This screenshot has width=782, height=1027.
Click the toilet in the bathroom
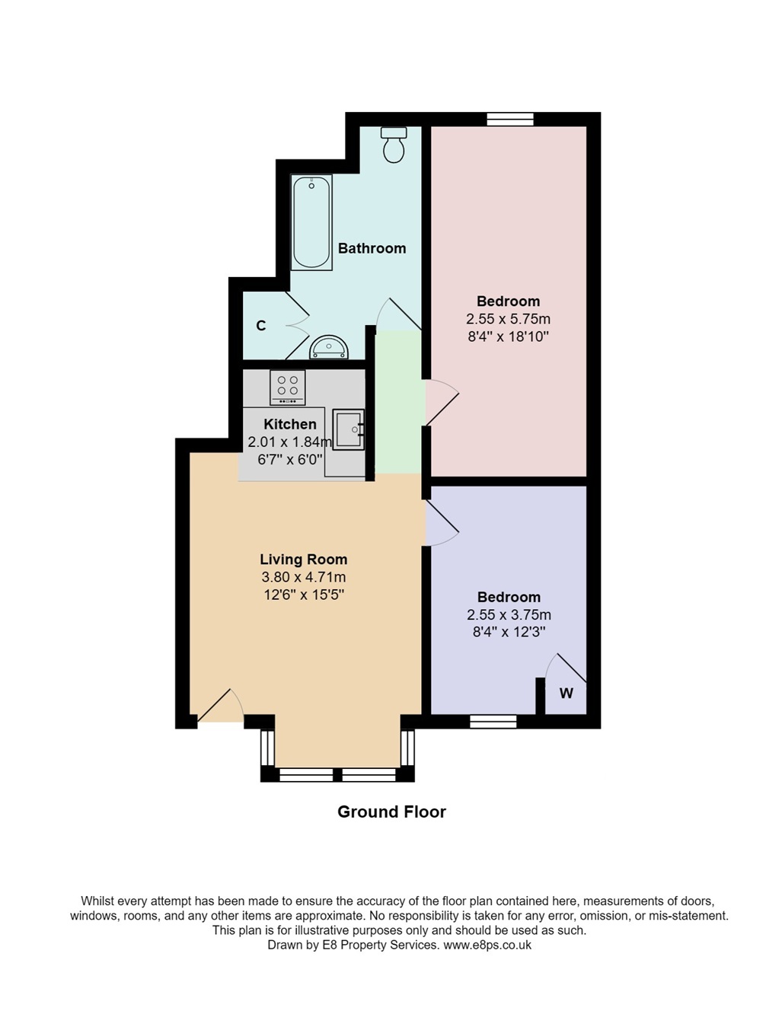393,145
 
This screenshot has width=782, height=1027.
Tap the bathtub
311,222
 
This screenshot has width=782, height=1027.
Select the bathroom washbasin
329,346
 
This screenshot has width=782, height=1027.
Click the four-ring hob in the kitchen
287,388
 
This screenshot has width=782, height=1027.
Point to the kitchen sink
349,429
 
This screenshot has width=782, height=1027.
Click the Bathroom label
372,248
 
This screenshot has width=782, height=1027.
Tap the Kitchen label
290,424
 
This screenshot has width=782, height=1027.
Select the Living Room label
303,559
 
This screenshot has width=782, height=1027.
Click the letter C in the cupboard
261,325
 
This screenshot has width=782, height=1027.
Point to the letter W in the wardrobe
567,693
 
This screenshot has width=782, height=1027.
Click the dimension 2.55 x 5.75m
508,319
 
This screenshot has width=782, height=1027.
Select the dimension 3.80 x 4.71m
303,577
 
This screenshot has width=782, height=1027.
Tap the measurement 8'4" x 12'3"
509,632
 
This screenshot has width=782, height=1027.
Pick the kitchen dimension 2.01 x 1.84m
290,442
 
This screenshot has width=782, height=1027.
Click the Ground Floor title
391,812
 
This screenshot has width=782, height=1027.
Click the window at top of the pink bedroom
509,120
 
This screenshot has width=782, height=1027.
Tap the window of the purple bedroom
493,722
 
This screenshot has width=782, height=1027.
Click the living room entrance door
220,705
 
